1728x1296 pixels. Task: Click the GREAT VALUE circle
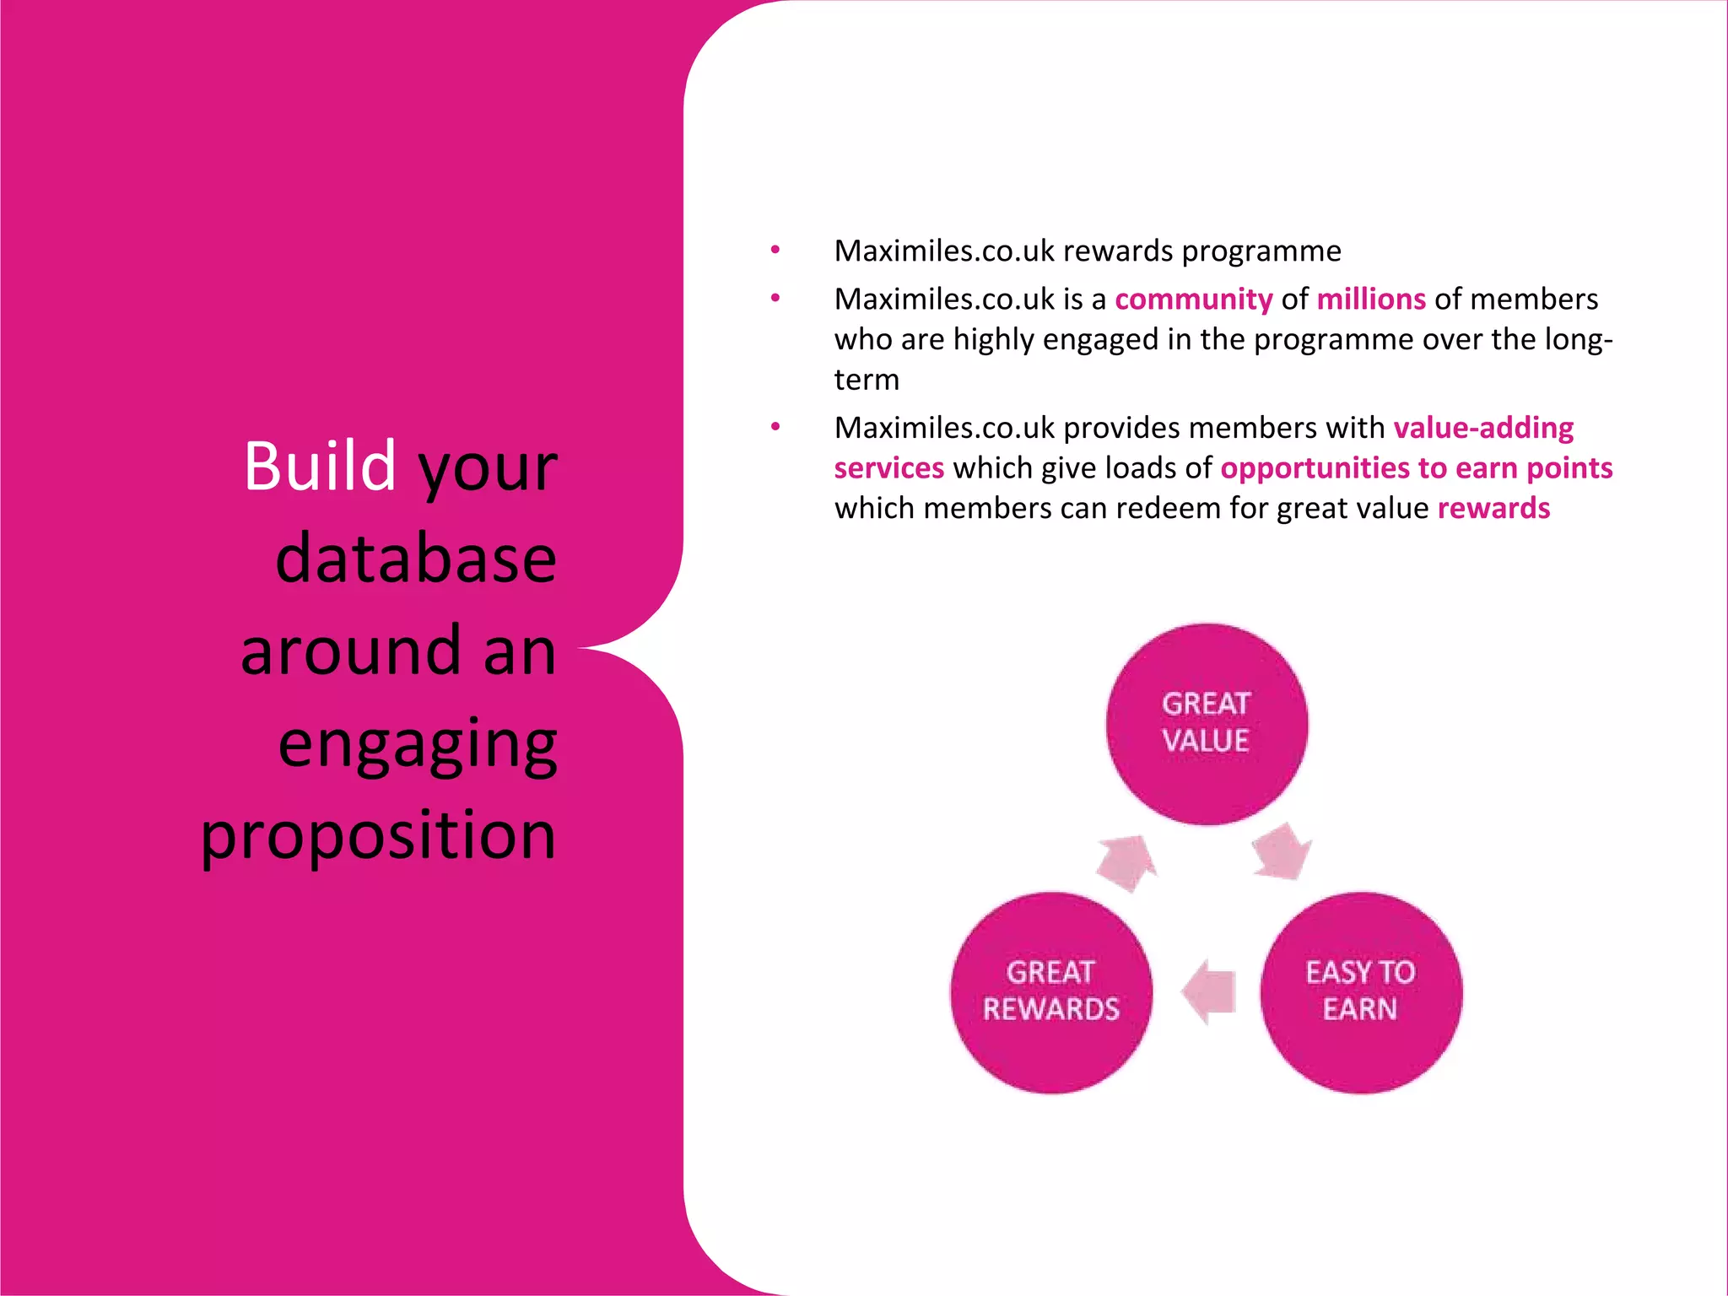click(1207, 724)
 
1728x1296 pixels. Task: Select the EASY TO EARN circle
click(1360, 992)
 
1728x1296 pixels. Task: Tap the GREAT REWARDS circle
click(1051, 992)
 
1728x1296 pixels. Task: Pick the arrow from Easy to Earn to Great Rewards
click(1210, 992)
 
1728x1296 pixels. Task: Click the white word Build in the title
click(320, 466)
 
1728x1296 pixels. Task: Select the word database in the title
click(416, 559)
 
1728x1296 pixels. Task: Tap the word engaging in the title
click(418, 745)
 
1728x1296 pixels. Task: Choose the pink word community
click(1193, 300)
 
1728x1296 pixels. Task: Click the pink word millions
click(1371, 300)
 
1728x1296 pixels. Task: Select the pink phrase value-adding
click(1483, 428)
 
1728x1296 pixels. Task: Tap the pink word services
click(889, 468)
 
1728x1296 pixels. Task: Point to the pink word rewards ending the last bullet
click(1493, 509)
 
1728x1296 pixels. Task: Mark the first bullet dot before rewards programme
click(775, 250)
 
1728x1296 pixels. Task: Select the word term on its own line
click(867, 381)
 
